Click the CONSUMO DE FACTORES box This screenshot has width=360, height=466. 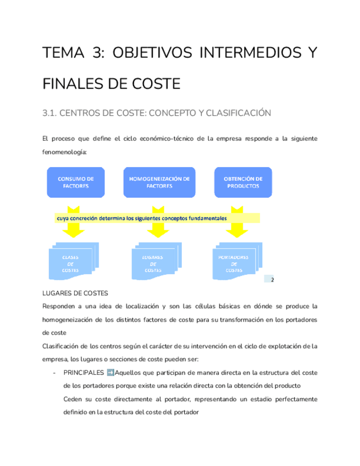pyautogui.click(x=75, y=182)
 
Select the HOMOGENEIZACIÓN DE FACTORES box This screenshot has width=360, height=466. pyautogui.click(x=159, y=182)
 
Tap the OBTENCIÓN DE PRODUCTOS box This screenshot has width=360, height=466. pyautogui.click(x=243, y=182)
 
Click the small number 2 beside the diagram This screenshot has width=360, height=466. pyautogui.click(x=271, y=280)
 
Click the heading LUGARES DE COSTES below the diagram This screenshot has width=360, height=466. pyautogui.click(x=74, y=292)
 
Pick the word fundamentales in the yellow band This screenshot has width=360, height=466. pyautogui.click(x=208, y=218)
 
